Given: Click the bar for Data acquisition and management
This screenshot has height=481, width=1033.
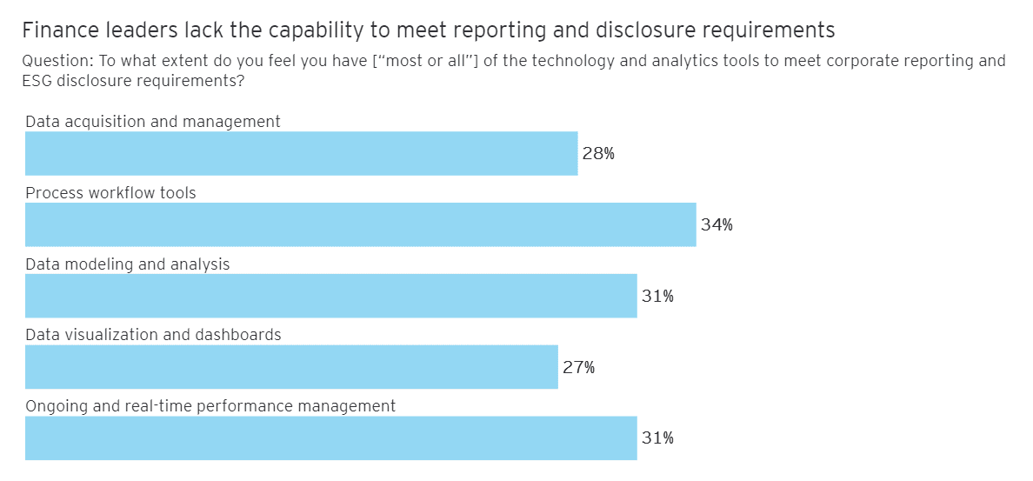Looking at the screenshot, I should pos(301,154).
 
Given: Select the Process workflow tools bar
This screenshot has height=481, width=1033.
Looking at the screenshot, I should pos(360,225).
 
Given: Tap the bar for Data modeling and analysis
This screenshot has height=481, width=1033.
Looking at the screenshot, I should pos(330,297).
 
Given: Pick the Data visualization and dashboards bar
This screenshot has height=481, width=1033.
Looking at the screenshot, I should pos(291,367).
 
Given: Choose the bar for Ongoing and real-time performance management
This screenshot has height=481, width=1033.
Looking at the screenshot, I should pos(330,438).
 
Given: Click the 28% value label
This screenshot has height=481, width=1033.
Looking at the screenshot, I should pos(598,154).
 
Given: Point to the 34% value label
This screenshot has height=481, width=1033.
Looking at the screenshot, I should pos(716,225).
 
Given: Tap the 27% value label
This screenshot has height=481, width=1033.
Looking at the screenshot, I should pos(578,368).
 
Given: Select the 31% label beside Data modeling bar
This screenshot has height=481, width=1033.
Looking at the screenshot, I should pos(657,297).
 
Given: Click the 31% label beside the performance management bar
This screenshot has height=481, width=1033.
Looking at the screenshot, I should pos(657,438).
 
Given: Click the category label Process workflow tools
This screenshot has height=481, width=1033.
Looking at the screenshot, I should pos(110,193).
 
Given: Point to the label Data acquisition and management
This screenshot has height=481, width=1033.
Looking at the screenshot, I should pos(153,122).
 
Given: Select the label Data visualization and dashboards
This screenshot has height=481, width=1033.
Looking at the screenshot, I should pos(153,335).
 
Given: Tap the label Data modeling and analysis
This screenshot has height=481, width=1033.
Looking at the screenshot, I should pos(128,264).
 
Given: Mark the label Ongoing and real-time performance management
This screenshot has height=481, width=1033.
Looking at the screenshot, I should pos(210,406).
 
